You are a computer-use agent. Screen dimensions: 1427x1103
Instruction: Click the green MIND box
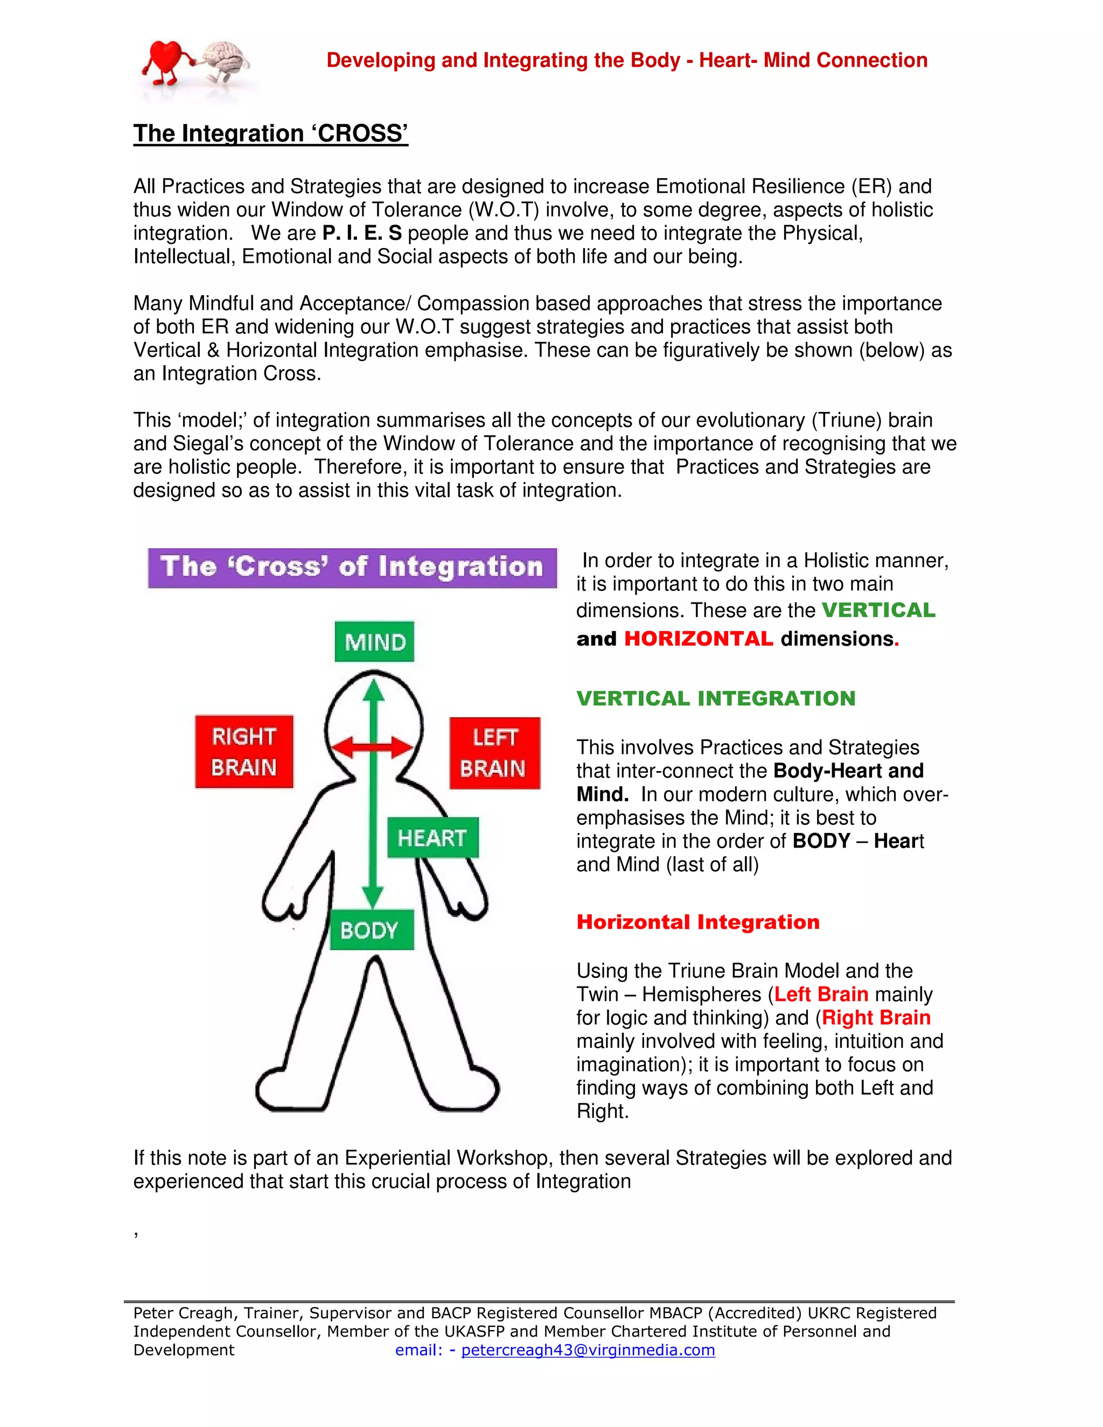tap(374, 642)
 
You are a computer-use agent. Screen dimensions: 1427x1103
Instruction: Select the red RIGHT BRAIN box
tap(244, 751)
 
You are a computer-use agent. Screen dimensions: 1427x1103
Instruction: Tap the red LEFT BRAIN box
tap(494, 753)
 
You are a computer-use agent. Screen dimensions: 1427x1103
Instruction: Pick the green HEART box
tap(432, 838)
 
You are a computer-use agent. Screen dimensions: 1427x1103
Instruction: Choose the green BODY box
tap(372, 929)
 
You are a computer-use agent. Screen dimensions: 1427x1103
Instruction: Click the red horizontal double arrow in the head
tap(373, 747)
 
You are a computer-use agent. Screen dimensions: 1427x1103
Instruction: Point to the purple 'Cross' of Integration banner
tap(352, 568)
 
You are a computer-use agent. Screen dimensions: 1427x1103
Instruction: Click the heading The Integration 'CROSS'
tap(270, 134)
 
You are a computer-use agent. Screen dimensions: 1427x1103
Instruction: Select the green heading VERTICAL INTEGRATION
tap(716, 698)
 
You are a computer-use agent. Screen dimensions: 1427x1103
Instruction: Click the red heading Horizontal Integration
tap(697, 922)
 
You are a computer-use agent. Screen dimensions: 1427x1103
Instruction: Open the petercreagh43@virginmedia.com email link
tap(588, 1350)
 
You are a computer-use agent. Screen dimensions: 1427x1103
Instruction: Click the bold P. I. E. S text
tap(362, 233)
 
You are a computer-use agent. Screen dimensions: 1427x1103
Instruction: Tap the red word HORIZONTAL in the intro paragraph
tap(699, 638)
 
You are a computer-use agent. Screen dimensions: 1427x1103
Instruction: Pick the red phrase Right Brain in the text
tap(876, 1017)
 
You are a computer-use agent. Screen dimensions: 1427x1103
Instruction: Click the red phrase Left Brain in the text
tap(821, 994)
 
